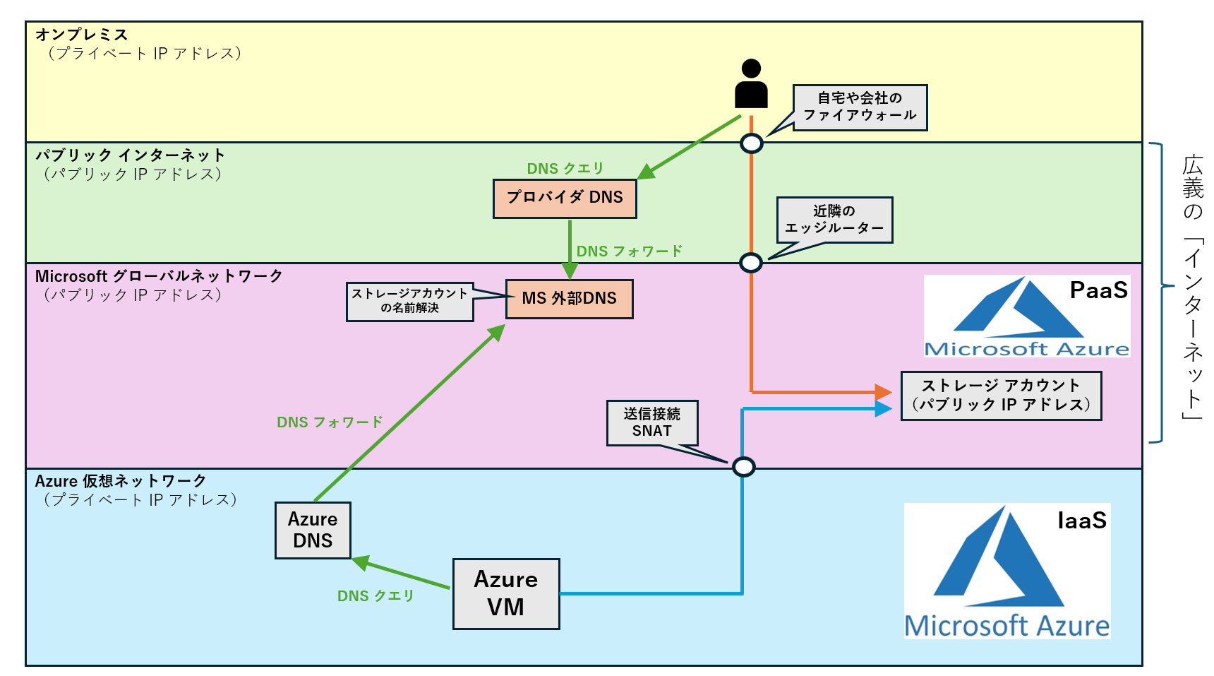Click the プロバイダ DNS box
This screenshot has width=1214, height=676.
[565, 198]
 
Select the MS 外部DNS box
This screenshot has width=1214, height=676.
[569, 299]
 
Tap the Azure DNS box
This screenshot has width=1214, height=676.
[313, 530]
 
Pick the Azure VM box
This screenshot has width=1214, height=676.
[506, 593]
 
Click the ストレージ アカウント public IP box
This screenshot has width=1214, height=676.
[1001, 396]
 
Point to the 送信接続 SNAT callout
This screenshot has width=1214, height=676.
[652, 422]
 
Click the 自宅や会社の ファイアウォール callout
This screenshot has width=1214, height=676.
[860, 107]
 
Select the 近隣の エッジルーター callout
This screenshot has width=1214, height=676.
[834, 220]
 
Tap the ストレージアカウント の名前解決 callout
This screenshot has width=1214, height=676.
[409, 302]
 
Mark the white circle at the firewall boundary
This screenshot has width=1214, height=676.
[751, 143]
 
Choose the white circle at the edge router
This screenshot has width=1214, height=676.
[750, 263]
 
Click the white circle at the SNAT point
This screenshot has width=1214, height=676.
[743, 467]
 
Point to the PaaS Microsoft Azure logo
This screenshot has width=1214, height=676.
[1027, 316]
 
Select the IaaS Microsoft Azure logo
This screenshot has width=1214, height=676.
[1007, 571]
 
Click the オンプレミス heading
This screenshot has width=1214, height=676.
[81, 35]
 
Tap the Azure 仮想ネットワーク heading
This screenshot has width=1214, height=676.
[121, 481]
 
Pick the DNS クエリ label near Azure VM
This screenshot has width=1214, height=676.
[375, 596]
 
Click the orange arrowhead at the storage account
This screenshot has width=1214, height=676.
[883, 392]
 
